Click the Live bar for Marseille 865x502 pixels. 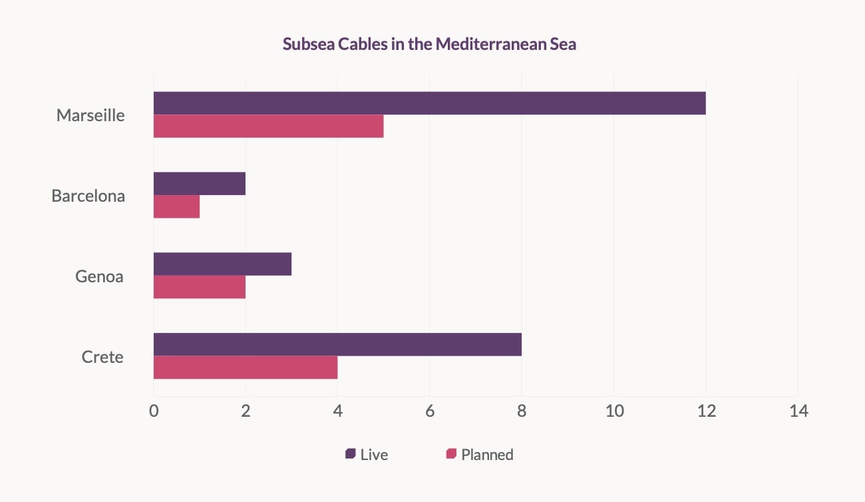(429, 103)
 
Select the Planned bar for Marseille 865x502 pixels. (268, 126)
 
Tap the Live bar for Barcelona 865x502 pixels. (200, 184)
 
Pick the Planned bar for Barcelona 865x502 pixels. (176, 207)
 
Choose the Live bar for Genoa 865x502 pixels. (222, 264)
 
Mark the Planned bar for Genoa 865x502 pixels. (200, 287)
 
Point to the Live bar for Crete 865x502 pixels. (337, 344)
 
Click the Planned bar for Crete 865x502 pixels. (246, 368)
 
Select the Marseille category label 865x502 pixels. (90, 115)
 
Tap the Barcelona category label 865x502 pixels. (88, 196)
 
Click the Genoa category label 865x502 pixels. (99, 276)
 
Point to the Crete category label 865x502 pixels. (102, 357)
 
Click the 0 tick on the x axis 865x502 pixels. (154, 411)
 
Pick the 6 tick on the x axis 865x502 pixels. (430, 411)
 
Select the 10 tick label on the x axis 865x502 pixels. (613, 411)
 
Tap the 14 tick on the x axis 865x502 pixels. (798, 411)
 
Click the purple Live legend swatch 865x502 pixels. (350, 454)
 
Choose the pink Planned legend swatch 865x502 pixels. (451, 454)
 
